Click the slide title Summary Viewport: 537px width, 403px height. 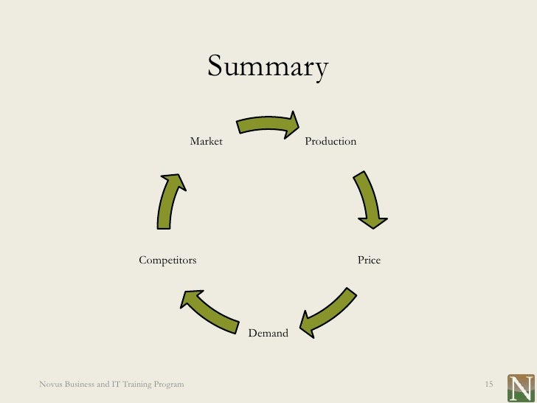[x=267, y=68]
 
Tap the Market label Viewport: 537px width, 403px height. [x=206, y=141]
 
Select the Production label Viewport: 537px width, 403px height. [x=330, y=141]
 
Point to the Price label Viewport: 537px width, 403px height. [x=369, y=261]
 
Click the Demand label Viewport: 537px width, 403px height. [x=268, y=334]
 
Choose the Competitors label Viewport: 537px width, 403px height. [x=167, y=261]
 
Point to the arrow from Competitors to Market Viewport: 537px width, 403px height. [x=169, y=201]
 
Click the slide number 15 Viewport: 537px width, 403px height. [x=488, y=385]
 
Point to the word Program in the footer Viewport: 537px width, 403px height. [x=169, y=385]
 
